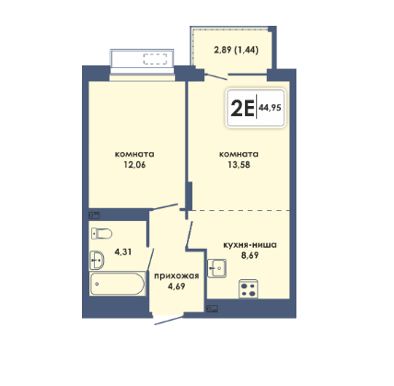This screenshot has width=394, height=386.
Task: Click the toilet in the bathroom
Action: click(101, 234)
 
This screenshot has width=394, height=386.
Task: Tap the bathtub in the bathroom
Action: click(117, 284)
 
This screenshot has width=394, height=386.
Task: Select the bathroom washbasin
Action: click(97, 261)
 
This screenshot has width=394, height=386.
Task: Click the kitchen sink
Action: click(216, 268)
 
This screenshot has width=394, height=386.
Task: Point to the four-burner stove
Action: click(249, 289)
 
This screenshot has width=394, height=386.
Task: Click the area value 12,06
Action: click(134, 165)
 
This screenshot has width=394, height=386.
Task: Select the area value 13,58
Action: click(238, 165)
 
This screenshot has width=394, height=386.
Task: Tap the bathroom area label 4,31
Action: click(123, 252)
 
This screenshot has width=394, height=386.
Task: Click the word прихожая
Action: click(177, 275)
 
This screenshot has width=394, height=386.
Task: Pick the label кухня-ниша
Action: click(249, 245)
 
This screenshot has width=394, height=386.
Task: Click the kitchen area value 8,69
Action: click(249, 255)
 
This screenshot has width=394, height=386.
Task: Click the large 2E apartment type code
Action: click(242, 108)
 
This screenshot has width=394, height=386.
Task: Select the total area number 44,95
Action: click(270, 108)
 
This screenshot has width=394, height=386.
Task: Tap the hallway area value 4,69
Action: click(177, 287)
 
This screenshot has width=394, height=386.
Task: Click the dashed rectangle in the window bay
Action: click(156, 59)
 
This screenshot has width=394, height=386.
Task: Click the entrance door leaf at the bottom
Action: click(169, 320)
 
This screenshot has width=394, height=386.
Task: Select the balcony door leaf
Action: click(215, 76)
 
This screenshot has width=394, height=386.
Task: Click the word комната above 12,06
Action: click(134, 154)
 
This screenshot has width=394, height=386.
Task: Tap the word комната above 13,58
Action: click(238, 154)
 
